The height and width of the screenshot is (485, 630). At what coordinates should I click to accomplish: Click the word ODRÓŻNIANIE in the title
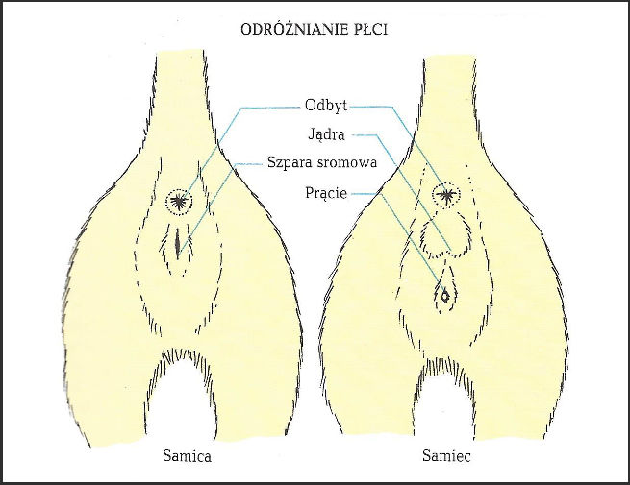click(290, 31)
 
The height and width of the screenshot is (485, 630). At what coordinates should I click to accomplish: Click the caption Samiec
click(443, 457)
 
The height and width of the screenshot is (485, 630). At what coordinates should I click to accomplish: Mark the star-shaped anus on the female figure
click(178, 200)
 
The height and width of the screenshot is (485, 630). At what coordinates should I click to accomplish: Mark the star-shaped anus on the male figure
click(444, 195)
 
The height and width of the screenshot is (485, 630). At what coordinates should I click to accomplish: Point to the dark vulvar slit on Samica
click(179, 243)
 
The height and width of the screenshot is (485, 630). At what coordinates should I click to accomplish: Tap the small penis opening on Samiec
click(445, 297)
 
